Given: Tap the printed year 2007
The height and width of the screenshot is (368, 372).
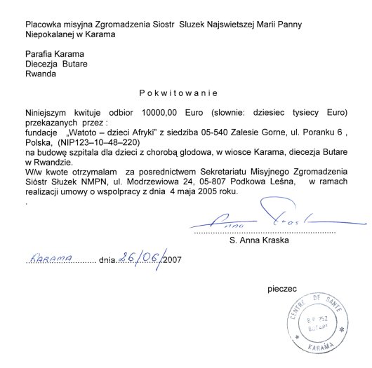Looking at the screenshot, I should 172,259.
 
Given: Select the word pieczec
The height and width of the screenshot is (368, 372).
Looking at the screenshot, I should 282,287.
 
